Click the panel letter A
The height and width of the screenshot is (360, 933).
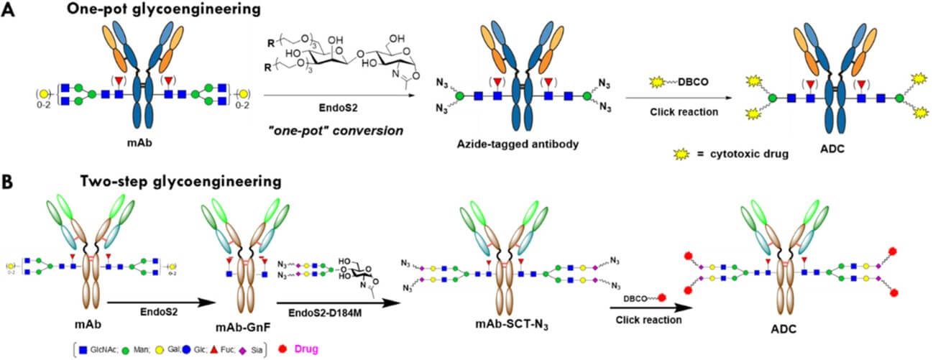[x=9, y=12]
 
